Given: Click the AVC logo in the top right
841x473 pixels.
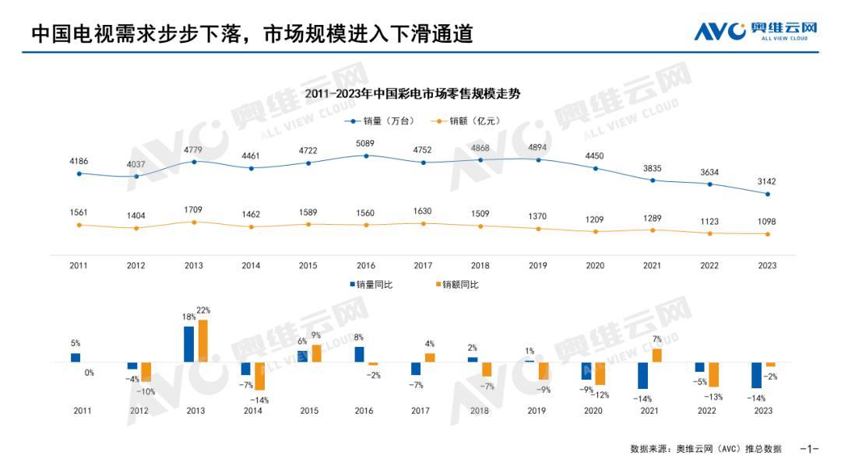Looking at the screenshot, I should [755, 31].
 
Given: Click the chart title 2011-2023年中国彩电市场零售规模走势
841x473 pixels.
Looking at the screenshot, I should [413, 94].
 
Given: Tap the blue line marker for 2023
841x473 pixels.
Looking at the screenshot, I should [768, 194].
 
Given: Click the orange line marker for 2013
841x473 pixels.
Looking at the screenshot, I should [194, 222].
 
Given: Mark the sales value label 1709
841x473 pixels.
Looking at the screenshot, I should [194, 209].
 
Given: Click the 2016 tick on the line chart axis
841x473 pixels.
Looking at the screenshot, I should [366, 265].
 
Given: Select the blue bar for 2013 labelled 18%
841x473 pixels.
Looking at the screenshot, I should [189, 344].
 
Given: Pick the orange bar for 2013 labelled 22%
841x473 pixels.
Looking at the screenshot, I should [202, 341].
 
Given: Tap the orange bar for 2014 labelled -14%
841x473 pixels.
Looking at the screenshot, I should [260, 376].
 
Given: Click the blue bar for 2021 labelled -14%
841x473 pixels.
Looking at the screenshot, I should [643, 375].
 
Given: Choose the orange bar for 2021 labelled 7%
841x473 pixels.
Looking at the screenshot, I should [657, 356].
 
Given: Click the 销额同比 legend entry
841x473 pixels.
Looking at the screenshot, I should [457, 285].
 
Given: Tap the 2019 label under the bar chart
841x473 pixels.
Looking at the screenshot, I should [537, 410].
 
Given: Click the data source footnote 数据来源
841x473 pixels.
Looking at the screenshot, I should [706, 449].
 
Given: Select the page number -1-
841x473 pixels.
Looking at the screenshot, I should [810, 449].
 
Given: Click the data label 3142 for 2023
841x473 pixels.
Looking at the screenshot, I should [767, 181].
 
